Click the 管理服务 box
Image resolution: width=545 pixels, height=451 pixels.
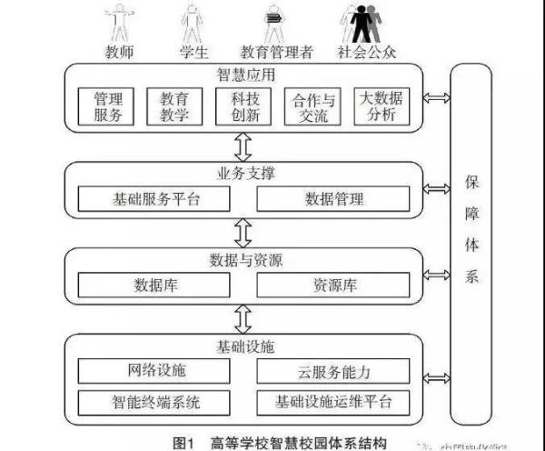coord(108,106)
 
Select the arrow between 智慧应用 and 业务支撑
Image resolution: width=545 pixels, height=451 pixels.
coord(243,145)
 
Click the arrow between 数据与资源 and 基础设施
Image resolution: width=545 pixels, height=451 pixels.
coord(243,317)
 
